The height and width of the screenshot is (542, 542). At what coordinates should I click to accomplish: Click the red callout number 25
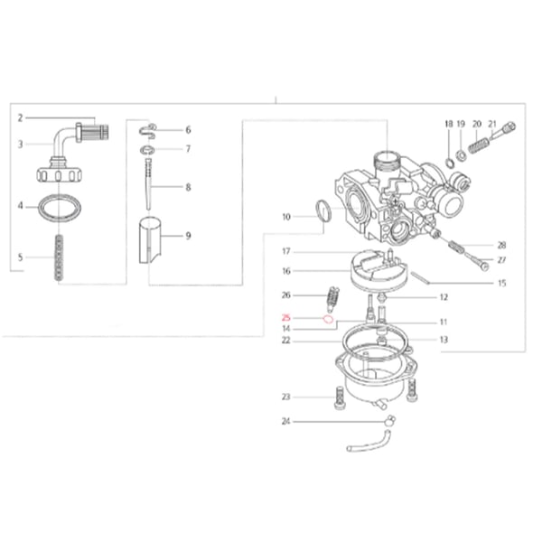(286, 318)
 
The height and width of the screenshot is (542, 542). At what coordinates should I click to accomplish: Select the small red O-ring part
(328, 319)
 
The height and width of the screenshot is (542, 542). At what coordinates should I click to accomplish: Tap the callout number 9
(188, 236)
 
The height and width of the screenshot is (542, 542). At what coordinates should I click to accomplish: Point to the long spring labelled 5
(60, 257)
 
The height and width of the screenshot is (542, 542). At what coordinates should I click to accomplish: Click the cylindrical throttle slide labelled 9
(150, 240)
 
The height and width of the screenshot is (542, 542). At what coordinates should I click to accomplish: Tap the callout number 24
(285, 422)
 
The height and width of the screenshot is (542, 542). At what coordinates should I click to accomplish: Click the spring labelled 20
(479, 144)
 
